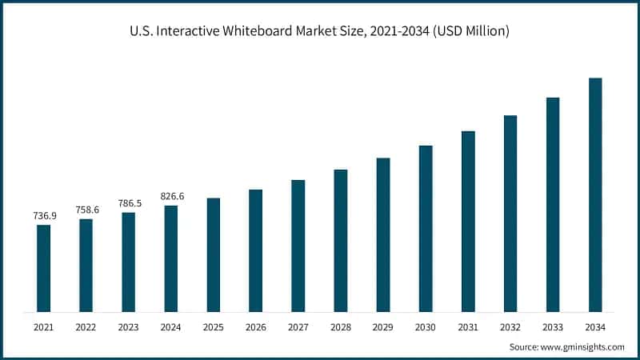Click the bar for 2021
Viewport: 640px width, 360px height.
(43, 268)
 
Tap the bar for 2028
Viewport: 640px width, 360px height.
(341, 240)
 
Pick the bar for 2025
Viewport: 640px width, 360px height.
(214, 254)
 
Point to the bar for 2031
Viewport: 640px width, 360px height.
(468, 221)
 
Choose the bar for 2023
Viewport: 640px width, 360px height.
(129, 262)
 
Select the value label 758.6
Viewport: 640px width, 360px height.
(86, 210)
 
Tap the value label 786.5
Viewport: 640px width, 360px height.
(129, 203)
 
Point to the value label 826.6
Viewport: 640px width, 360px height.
(171, 196)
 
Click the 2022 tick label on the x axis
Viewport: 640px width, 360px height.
(86, 326)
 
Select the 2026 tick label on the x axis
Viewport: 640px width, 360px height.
(256, 326)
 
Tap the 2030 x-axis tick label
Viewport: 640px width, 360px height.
(426, 326)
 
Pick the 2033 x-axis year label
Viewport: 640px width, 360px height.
(553, 326)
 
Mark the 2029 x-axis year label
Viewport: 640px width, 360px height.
(383, 326)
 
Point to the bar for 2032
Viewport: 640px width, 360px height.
(510, 213)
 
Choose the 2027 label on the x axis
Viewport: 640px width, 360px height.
(298, 326)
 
